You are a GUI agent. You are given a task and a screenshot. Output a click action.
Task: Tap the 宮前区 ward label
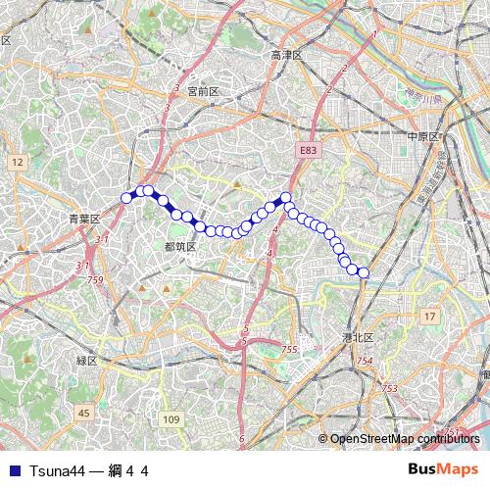tap(202, 90)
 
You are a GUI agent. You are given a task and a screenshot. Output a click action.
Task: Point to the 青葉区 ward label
tap(85, 219)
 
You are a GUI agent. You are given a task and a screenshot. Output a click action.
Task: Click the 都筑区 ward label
tap(180, 246)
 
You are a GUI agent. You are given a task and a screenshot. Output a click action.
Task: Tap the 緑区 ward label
tap(87, 361)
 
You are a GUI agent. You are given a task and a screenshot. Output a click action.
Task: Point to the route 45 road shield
tap(84, 413)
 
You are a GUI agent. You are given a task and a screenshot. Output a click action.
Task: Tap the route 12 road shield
tap(18, 162)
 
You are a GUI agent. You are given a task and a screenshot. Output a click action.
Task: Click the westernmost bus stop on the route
tap(126, 198)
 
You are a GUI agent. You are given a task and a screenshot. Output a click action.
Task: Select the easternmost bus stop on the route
tap(364, 272)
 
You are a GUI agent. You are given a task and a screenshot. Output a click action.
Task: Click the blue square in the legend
tap(15, 470)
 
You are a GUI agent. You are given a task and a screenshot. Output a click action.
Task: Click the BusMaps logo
tap(443, 469)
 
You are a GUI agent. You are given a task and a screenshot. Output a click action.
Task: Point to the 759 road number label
tap(95, 280)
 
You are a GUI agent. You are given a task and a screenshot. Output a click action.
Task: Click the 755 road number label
tap(289, 350)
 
